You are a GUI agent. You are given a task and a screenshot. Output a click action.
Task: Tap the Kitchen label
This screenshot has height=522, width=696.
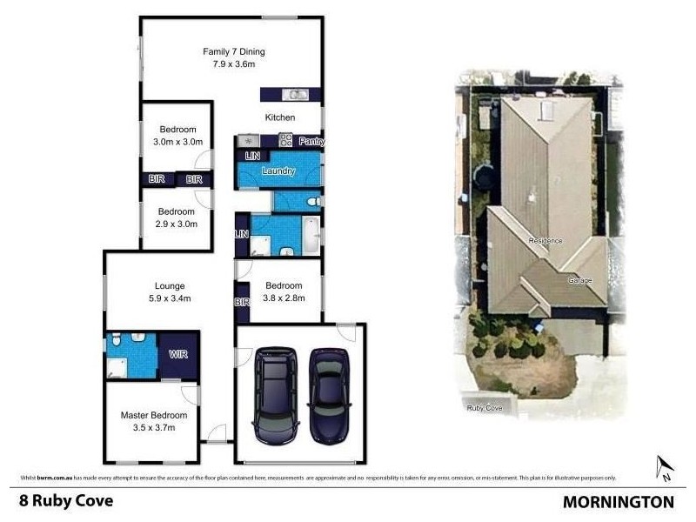[280, 117]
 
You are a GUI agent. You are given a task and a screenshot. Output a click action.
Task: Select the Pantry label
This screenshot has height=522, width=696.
[311, 141]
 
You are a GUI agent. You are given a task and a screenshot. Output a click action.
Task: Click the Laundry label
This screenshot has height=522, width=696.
[278, 171]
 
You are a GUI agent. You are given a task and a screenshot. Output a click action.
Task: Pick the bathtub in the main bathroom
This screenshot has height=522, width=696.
[309, 232]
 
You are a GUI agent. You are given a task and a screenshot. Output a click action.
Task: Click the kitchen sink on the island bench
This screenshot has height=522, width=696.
[297, 94]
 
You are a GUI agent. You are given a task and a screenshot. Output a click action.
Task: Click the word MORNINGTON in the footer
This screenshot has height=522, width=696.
[618, 502]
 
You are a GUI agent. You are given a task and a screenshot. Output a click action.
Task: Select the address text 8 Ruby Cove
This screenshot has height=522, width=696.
[66, 501]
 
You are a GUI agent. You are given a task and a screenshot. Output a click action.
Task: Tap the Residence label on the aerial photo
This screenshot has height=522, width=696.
[545, 240]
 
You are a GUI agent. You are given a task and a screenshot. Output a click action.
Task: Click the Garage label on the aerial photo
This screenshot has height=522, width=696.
[579, 280]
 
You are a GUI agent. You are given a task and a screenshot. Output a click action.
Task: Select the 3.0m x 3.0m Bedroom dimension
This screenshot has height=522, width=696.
[177, 142]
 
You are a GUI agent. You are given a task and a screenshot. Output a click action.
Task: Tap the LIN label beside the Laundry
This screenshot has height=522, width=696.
[252, 156]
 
